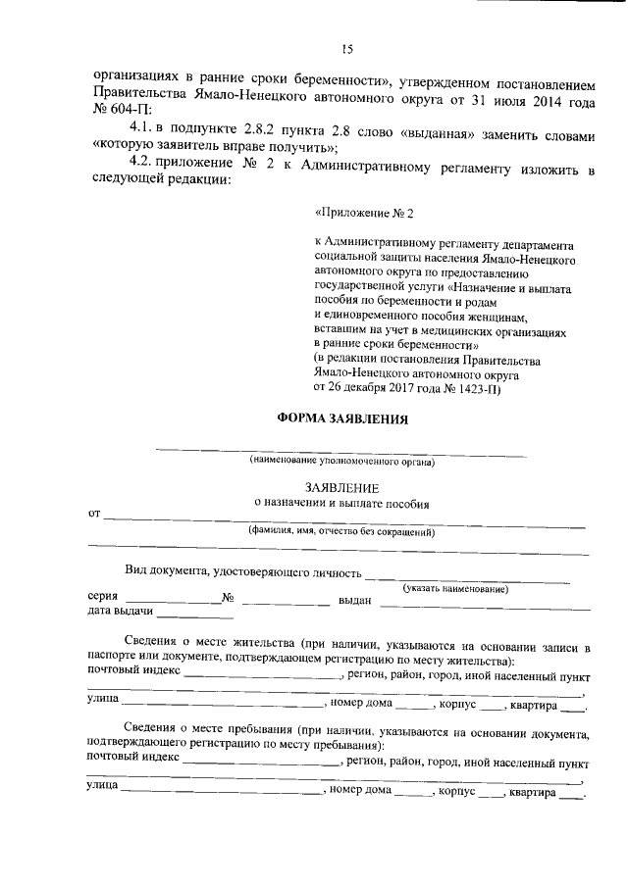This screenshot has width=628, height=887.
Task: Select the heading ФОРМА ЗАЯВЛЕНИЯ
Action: (340, 419)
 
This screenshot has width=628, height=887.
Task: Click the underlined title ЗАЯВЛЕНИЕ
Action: (340, 487)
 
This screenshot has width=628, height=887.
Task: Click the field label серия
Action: (103, 598)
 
